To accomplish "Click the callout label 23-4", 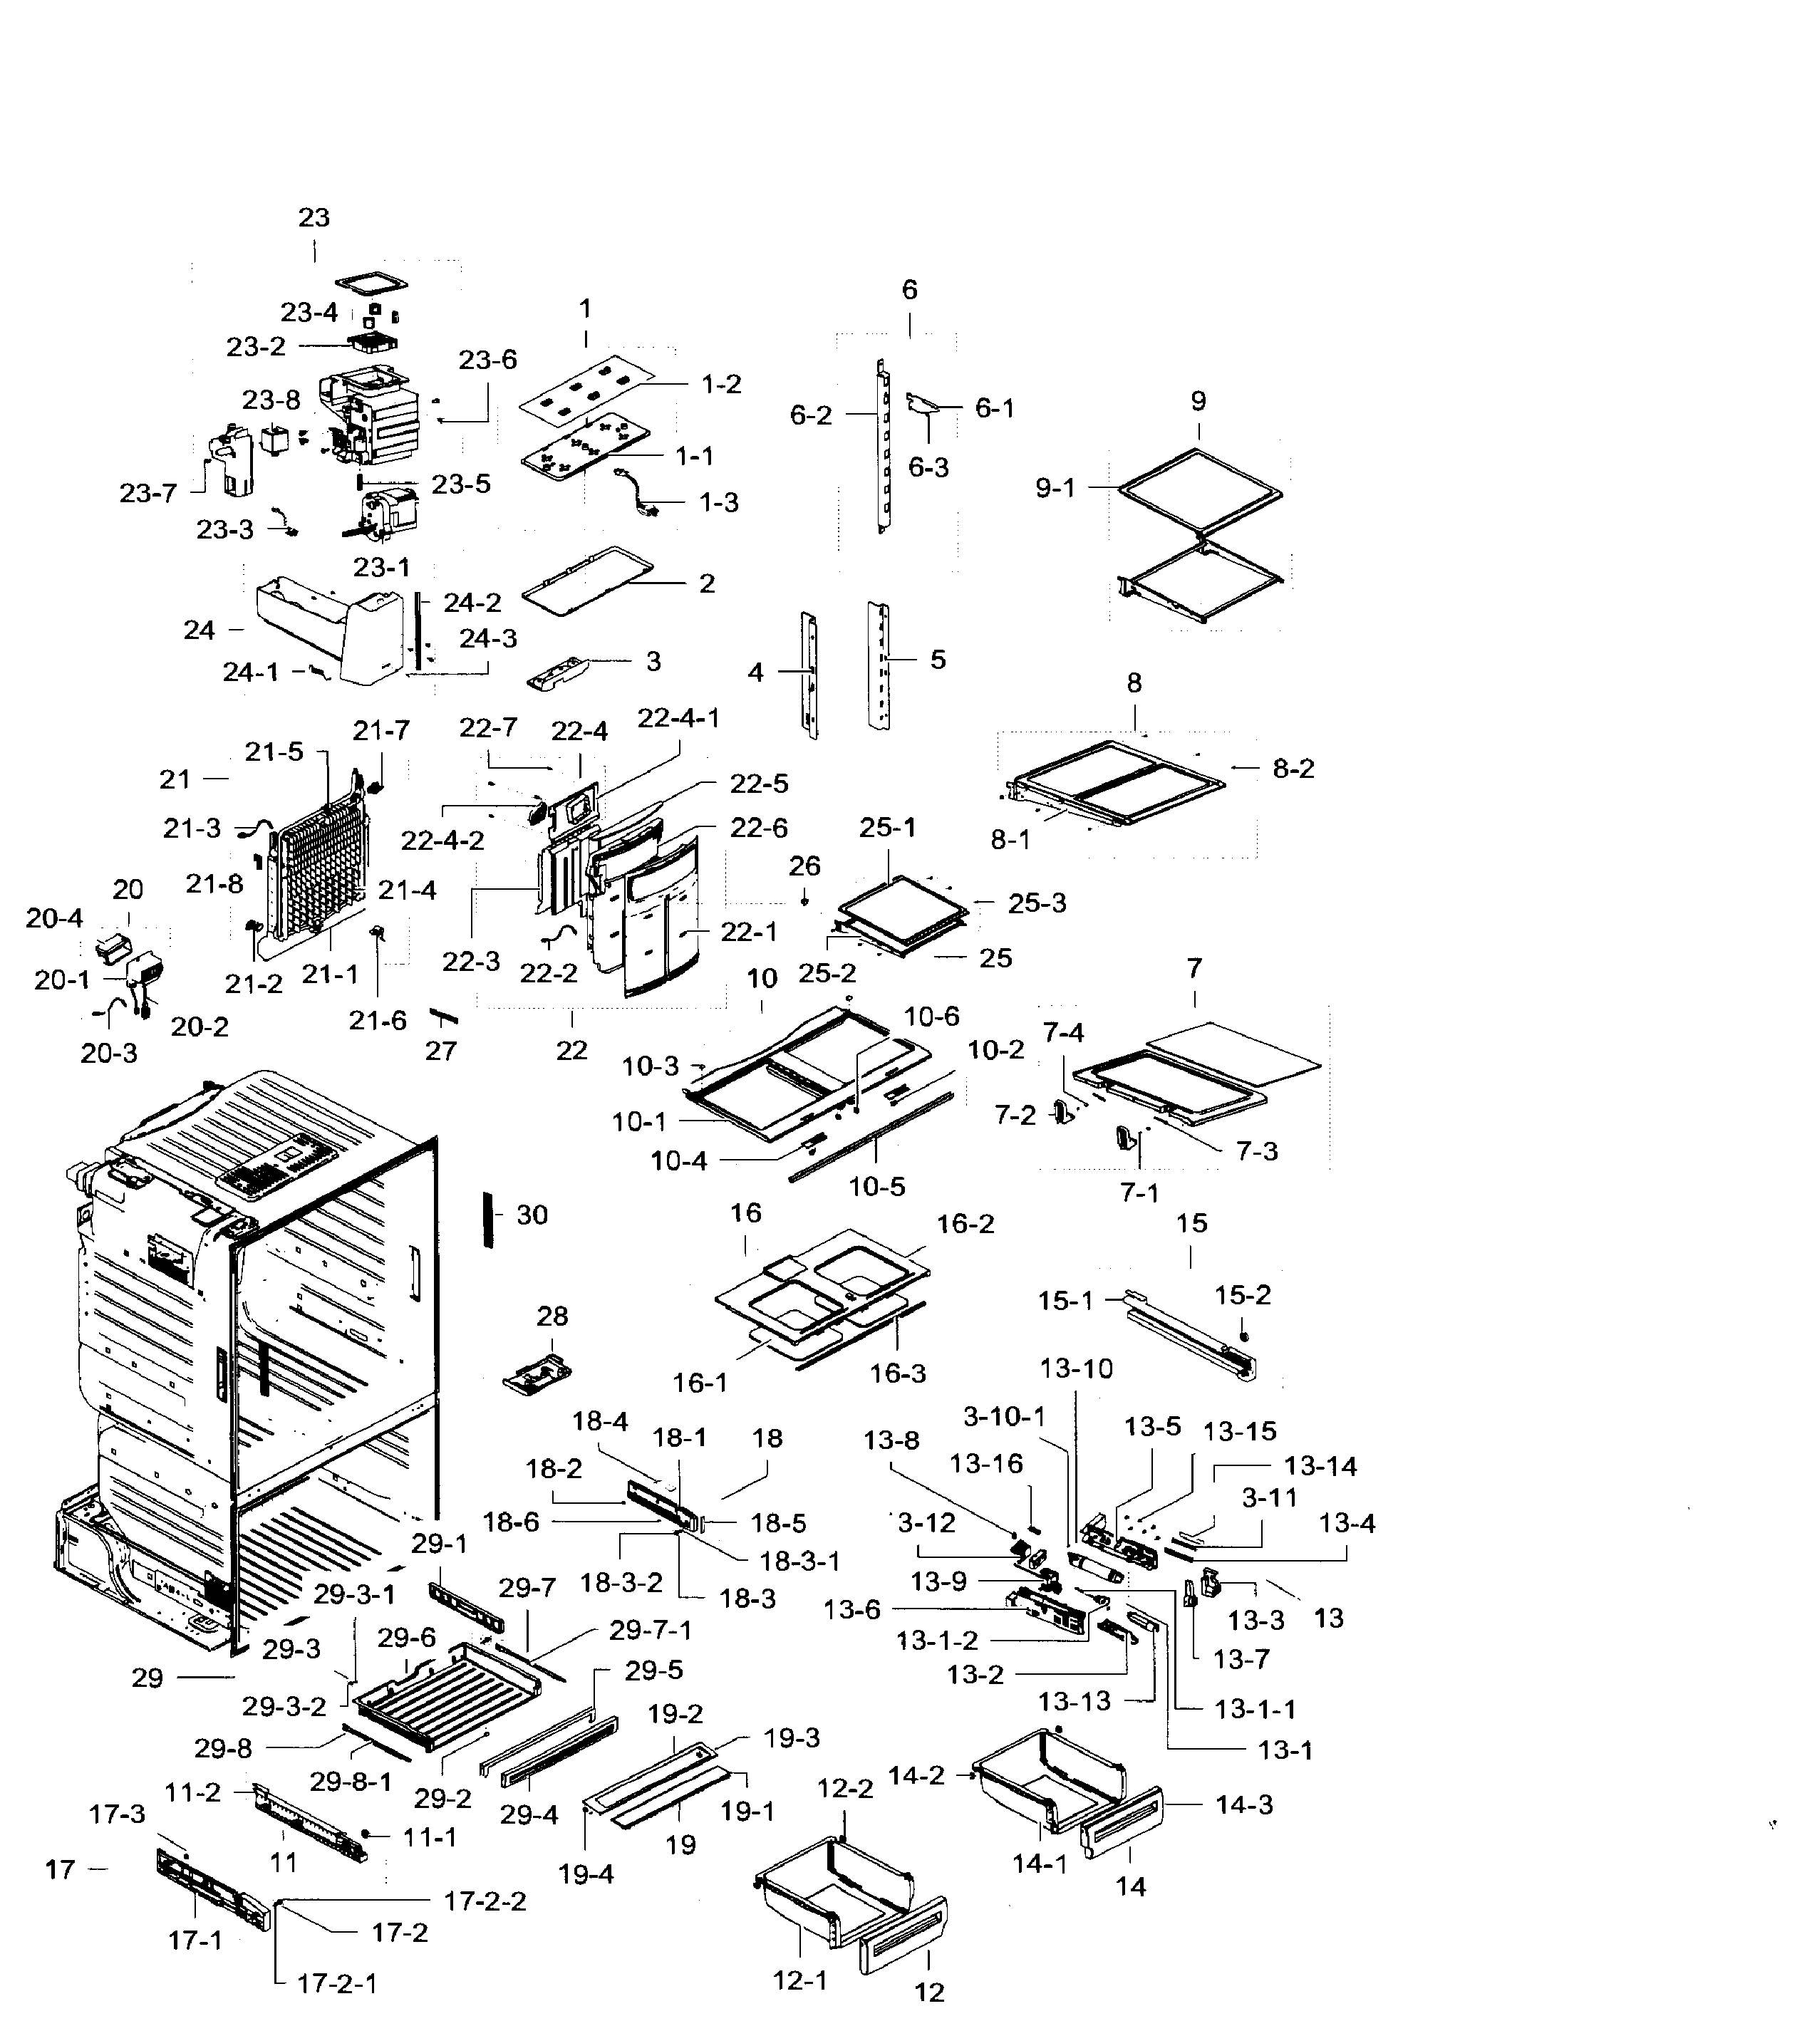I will (x=309, y=313).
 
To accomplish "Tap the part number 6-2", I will (x=811, y=415).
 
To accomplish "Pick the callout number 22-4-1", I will (x=678, y=717).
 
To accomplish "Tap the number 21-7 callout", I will (x=380, y=731).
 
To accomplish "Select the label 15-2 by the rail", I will (x=1242, y=1294).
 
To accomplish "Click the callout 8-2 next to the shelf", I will (x=1293, y=769).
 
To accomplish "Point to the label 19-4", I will (x=586, y=1874).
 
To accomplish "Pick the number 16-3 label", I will (x=898, y=1373).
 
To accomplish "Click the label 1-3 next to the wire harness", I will (x=719, y=502).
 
